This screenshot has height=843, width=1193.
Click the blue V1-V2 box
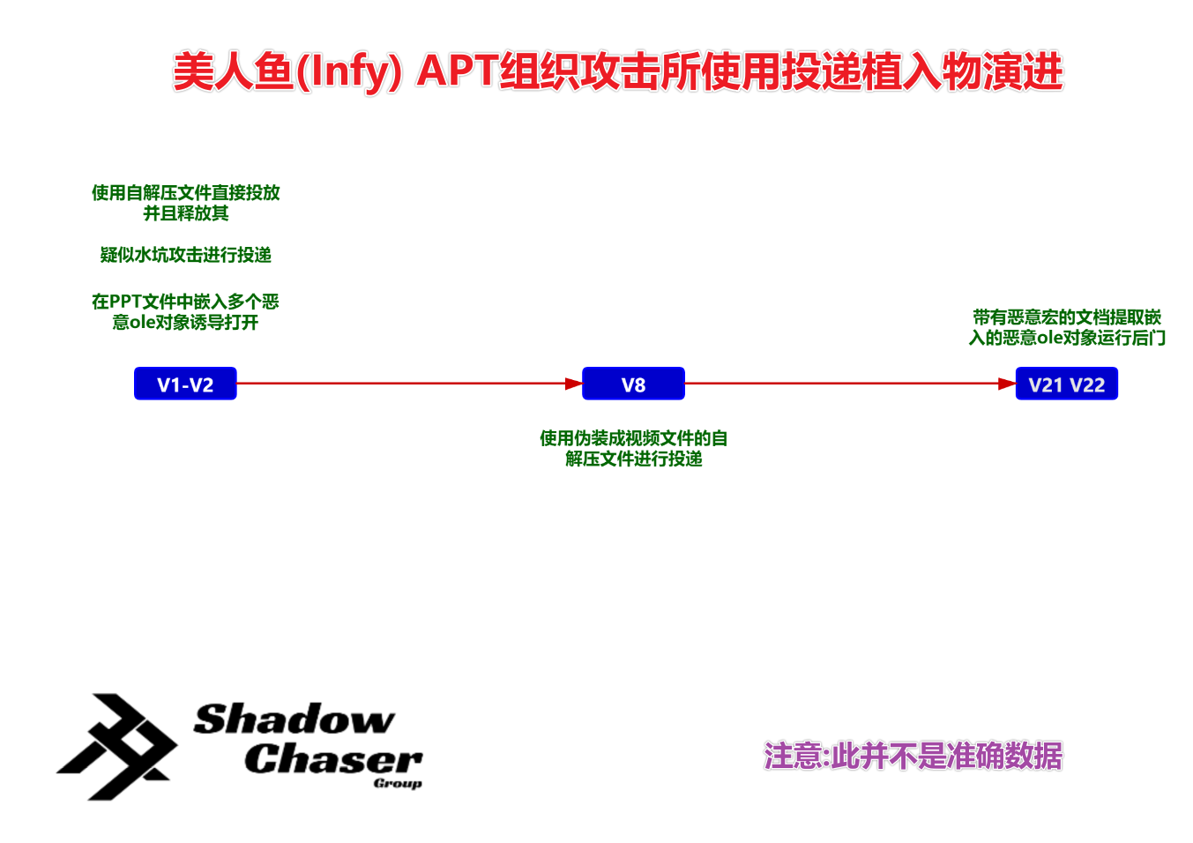[x=185, y=384]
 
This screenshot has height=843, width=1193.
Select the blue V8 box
[x=633, y=384]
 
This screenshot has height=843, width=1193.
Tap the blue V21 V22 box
[x=1066, y=384]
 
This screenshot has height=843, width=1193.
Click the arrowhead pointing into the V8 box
[x=573, y=384]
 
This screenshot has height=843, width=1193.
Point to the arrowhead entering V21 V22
[x=1006, y=384]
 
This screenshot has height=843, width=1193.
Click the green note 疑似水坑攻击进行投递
[x=185, y=255]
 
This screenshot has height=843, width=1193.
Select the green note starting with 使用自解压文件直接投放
[x=185, y=203]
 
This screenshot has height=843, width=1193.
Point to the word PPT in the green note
[x=125, y=302]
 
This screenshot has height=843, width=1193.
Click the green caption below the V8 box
[x=633, y=448]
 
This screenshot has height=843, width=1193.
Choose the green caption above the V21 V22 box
[x=1066, y=327]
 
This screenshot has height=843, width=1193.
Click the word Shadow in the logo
[x=294, y=720]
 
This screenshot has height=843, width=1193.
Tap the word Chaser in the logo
[x=333, y=758]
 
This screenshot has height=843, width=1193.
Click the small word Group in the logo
[x=398, y=783]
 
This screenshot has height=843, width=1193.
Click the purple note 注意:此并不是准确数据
[x=913, y=756]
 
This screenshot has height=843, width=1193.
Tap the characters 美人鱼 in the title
[x=233, y=71]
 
